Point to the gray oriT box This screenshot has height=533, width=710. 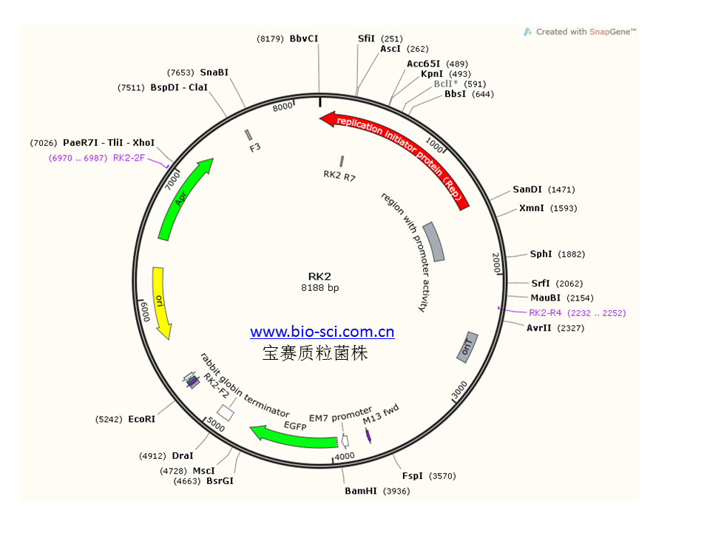pos(467,347)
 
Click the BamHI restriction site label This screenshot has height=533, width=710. pos(361,491)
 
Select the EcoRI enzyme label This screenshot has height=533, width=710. pos(141,419)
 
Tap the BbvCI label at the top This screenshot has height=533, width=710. pos(304,38)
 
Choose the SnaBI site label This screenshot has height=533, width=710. pos(214,73)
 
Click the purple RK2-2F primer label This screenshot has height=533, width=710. pos(129,158)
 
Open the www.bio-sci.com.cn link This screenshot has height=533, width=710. pos(322,332)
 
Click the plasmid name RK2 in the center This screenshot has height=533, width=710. pos(319,276)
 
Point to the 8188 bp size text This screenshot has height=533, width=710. pos(319,287)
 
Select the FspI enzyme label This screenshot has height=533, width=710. pos(413,476)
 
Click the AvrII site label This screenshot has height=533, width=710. pos(540,328)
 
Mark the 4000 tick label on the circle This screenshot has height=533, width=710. pos(345,456)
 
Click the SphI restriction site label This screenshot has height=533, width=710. pos(541,254)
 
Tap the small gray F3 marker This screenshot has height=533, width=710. pos(248,135)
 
